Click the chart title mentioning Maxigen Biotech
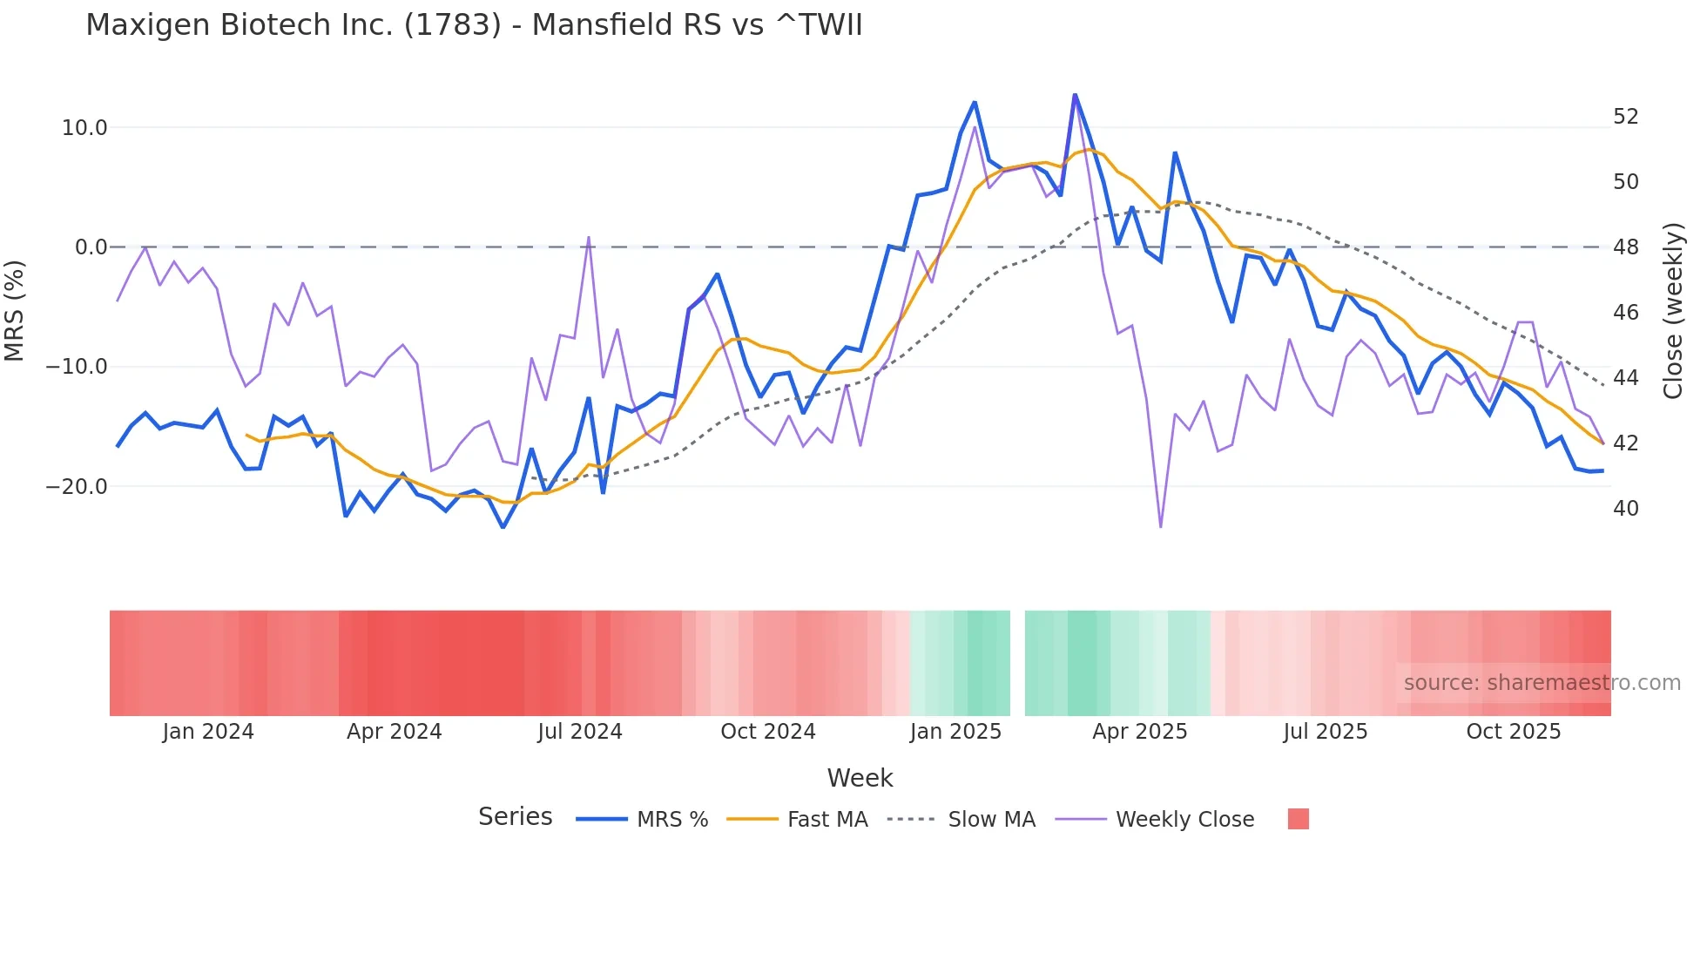tap(474, 25)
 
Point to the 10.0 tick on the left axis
tap(84, 128)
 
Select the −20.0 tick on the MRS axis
tap(77, 487)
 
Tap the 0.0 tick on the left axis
tap(91, 247)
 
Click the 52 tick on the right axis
tap(1625, 117)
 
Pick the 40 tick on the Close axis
tap(1625, 509)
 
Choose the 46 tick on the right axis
tap(1625, 313)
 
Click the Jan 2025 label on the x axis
tap(955, 732)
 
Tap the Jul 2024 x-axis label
tap(579, 732)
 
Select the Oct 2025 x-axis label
tap(1513, 732)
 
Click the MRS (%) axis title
tap(15, 310)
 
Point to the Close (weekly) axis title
tap(1673, 311)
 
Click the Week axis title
tap(860, 778)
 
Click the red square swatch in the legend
tap(1298, 819)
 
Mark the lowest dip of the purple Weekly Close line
tap(1160, 526)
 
